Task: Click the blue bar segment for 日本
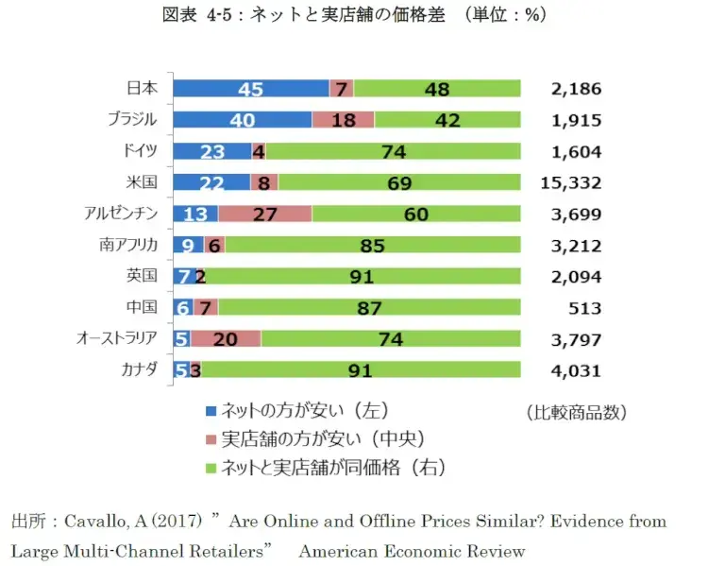[x=250, y=89]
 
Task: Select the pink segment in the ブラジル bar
[x=343, y=120]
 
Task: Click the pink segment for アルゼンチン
[x=264, y=214]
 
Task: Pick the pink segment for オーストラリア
[x=226, y=338]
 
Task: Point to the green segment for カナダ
[x=360, y=370]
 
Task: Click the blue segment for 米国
[x=211, y=182]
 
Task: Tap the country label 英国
[x=141, y=276]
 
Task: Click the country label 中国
[x=141, y=307]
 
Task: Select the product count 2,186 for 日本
[x=576, y=89]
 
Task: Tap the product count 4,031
[x=576, y=370]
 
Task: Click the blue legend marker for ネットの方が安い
[x=211, y=411]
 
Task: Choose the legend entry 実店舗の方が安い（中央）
[x=320, y=438]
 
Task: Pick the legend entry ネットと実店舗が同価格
[x=330, y=467]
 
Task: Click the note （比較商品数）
[x=576, y=412]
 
